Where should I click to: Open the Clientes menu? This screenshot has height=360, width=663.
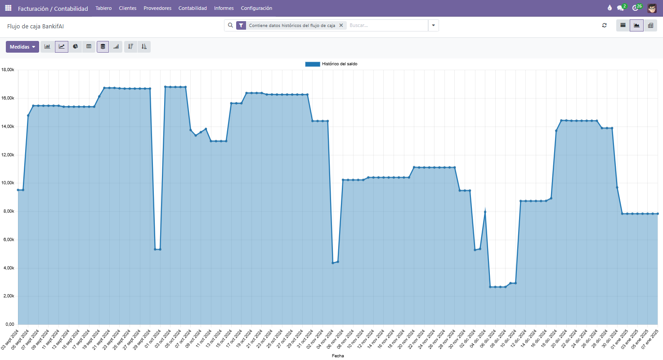point(128,8)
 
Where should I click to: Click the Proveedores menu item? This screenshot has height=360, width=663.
point(157,8)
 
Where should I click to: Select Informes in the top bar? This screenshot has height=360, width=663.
point(224,8)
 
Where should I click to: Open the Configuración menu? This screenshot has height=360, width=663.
point(256,8)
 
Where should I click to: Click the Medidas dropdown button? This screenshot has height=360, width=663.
point(22,47)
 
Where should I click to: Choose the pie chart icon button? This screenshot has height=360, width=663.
point(75,46)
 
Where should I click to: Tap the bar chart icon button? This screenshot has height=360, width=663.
point(47,46)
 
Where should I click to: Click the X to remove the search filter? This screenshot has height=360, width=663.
point(341,26)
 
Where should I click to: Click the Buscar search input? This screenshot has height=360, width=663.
point(387,26)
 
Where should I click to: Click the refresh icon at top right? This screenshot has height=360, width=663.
point(605,26)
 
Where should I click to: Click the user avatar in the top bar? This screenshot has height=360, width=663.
point(652,8)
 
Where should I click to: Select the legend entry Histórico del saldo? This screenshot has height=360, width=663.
point(331,64)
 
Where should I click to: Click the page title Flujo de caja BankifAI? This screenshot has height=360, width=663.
point(36,26)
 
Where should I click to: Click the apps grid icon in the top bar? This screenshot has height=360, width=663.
point(8,8)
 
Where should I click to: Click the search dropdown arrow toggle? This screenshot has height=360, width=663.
point(433,26)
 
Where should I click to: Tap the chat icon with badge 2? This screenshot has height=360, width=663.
point(621,8)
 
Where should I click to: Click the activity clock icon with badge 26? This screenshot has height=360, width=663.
point(636,8)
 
